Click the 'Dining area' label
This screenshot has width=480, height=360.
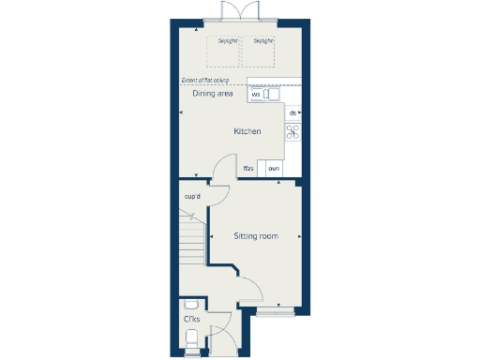[212, 94]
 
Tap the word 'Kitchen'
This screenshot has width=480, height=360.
[247, 131]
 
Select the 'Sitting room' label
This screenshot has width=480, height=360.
[256, 236]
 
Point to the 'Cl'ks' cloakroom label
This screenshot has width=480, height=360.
[190, 320]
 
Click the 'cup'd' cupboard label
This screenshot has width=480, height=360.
[193, 196]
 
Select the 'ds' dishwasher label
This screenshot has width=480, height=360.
[292, 113]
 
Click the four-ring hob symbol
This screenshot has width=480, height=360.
[292, 132]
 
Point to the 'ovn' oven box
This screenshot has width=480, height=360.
[274, 169]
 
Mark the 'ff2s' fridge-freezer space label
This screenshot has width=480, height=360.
[248, 169]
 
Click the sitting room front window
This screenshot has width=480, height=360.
[273, 310]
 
